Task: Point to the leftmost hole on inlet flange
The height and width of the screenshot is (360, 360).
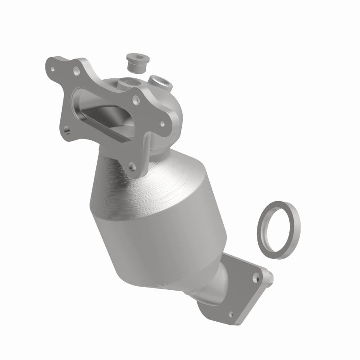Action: [x=54, y=70]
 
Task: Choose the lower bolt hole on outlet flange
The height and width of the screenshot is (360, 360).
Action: [x=230, y=315]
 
